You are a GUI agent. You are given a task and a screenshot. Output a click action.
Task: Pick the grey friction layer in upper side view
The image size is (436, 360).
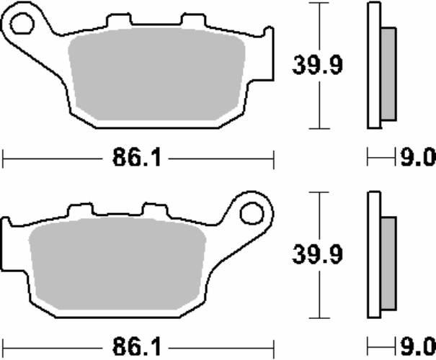388,73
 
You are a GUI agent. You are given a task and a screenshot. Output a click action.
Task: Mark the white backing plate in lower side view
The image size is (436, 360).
373,256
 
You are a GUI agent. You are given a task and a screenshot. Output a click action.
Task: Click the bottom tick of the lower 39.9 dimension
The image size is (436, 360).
316,319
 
